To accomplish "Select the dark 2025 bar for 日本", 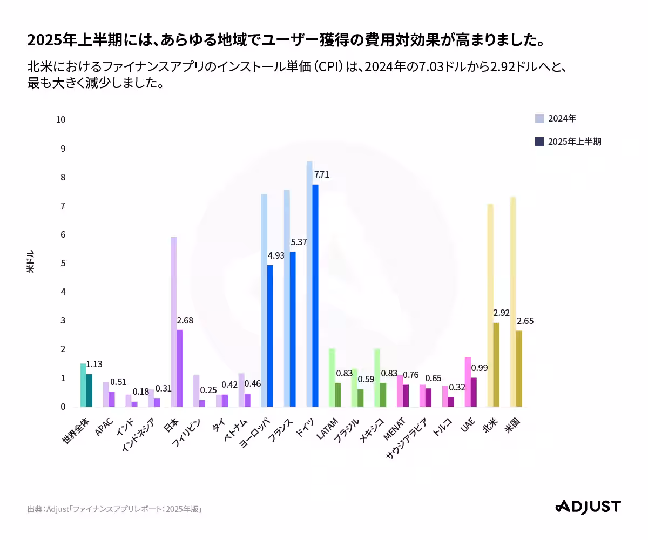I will click(180, 368).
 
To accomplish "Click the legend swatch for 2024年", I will click(539, 119).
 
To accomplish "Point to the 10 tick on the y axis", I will click(61, 119).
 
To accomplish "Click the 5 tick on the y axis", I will click(63, 263).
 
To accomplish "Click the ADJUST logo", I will click(588, 507).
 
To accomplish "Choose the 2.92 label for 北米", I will click(502, 313).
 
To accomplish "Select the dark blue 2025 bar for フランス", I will click(293, 329).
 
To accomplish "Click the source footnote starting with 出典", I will click(114, 509).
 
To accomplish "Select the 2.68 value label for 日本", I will click(185, 320).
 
